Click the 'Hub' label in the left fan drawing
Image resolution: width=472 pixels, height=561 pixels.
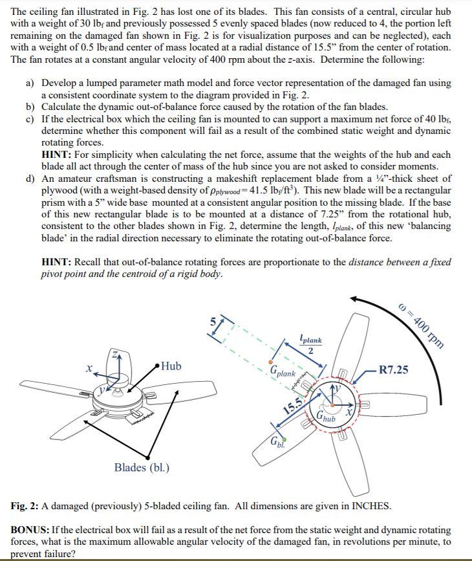pos(172,366)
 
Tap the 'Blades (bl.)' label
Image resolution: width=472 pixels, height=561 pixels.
pos(142,467)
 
